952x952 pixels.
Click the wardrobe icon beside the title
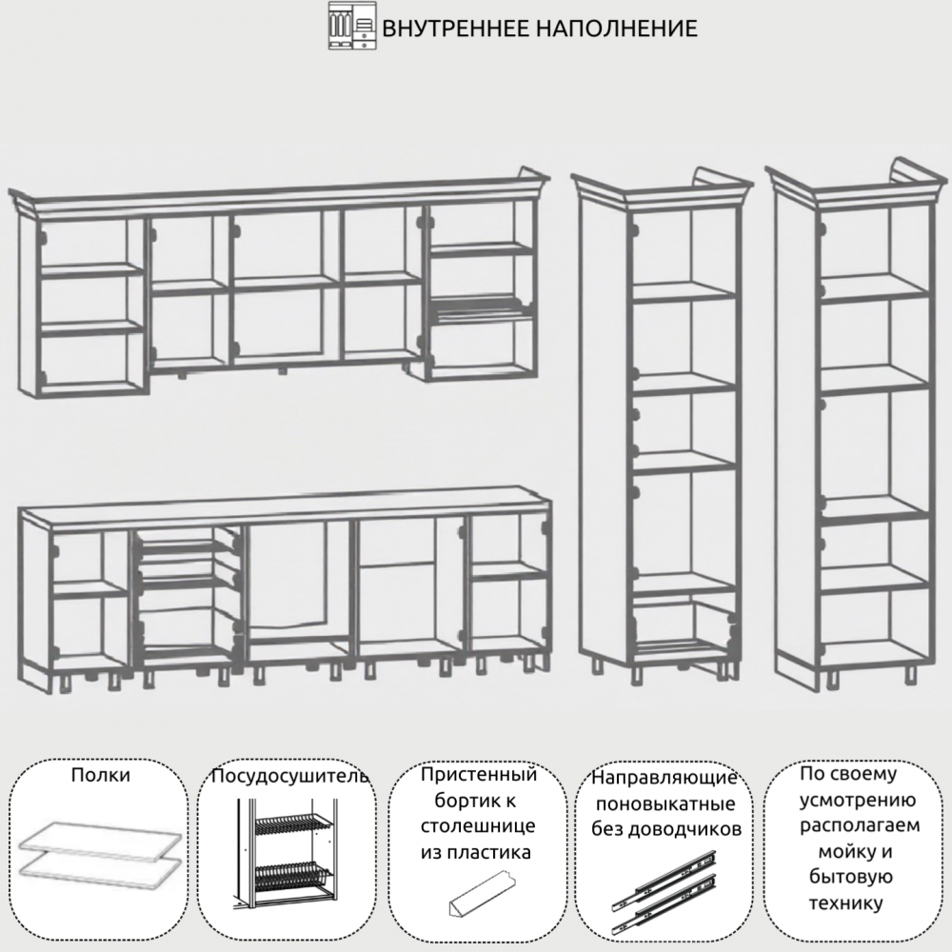point(352,26)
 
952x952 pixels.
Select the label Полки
point(100,775)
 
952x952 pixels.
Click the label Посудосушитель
point(289,776)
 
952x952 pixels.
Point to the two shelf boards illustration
point(101,849)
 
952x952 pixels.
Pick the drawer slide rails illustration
point(664,891)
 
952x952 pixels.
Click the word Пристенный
point(479,775)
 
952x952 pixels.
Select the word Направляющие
point(664,778)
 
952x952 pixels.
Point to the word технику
point(845,903)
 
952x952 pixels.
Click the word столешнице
point(478,826)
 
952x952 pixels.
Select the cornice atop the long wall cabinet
point(279,193)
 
